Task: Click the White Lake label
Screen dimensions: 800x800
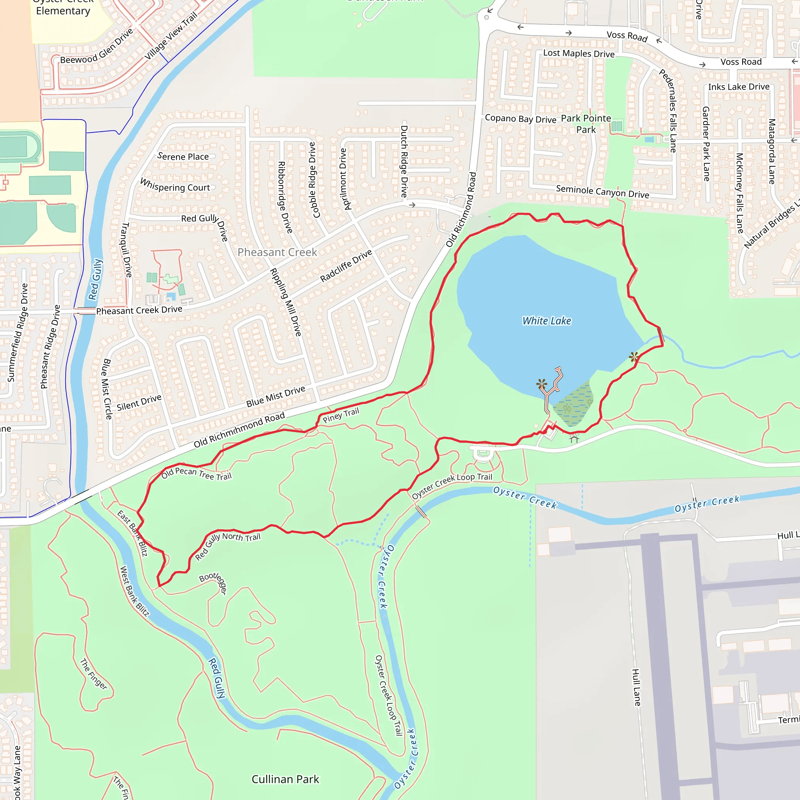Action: (x=546, y=321)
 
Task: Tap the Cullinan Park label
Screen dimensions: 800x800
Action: (x=285, y=779)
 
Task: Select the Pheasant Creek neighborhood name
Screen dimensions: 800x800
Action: (x=277, y=252)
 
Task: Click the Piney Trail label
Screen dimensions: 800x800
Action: (x=341, y=415)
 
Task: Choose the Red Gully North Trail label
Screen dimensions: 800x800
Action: (x=227, y=546)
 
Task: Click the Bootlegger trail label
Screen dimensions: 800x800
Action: (x=214, y=582)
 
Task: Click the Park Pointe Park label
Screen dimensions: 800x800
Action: (x=586, y=124)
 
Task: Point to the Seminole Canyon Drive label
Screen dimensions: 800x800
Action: (x=602, y=191)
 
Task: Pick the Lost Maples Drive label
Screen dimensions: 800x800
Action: (x=579, y=54)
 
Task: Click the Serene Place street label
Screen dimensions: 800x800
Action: (x=183, y=157)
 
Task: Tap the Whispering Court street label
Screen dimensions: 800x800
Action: (x=175, y=185)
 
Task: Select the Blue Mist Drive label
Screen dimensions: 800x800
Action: (x=275, y=396)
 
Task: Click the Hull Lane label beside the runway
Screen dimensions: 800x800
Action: (x=636, y=687)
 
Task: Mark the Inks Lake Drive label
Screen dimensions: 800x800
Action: (x=738, y=87)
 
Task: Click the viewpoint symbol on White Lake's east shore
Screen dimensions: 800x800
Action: (x=634, y=357)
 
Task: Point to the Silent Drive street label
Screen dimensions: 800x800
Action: (x=139, y=402)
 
